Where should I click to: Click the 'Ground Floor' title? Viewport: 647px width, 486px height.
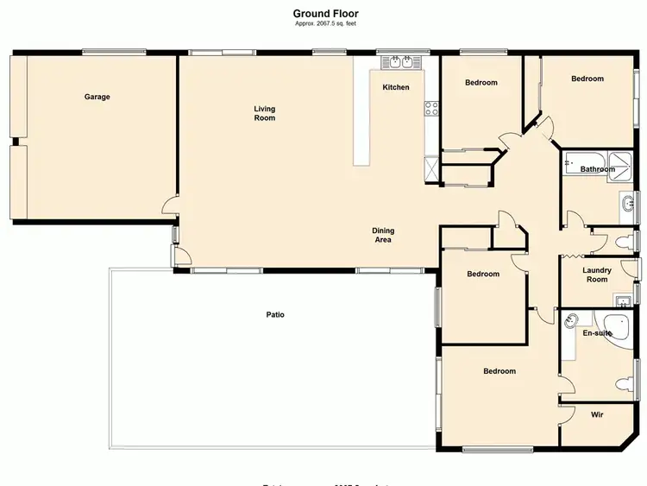click(325, 13)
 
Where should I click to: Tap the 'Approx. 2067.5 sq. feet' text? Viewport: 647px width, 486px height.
click(325, 24)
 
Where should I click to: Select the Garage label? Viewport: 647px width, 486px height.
click(97, 97)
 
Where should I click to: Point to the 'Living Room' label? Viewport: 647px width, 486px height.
click(265, 113)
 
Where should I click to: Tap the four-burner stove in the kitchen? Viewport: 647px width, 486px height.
click(431, 109)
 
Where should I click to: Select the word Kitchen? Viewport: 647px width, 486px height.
click(396, 87)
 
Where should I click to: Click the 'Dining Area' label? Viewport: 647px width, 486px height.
click(383, 235)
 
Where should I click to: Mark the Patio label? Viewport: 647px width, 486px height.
click(275, 315)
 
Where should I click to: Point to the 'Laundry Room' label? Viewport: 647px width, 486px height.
click(597, 275)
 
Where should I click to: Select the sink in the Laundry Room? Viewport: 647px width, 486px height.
click(621, 300)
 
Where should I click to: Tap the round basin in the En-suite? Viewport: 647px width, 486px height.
click(571, 322)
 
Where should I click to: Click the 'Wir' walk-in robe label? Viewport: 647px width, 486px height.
click(597, 415)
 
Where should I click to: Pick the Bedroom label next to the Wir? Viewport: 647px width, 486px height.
click(499, 371)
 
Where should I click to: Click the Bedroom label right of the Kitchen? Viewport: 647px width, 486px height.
click(481, 83)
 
